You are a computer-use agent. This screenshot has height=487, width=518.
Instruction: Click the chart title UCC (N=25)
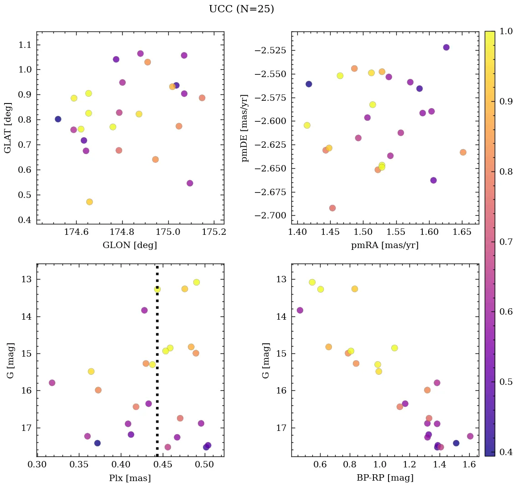pos(241,9)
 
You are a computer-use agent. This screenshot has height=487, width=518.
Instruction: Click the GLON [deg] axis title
pos(130,245)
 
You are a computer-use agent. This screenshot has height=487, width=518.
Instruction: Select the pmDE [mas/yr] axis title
pos(245,128)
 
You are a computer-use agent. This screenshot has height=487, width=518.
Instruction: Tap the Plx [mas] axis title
pos(130,478)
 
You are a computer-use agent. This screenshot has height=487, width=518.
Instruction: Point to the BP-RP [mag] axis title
pos(385,478)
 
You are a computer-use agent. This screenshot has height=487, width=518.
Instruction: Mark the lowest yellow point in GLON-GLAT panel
pos(89,202)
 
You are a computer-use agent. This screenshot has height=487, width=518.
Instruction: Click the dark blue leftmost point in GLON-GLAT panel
pos(58,119)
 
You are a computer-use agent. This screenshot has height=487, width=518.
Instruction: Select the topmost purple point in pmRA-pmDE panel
pos(446,47)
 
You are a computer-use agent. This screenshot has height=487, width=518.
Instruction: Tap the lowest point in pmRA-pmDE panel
pos(332,208)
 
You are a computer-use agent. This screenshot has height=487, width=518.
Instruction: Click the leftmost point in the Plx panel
pos(52,383)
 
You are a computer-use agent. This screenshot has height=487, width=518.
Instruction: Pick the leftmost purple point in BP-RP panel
pos(300,310)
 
